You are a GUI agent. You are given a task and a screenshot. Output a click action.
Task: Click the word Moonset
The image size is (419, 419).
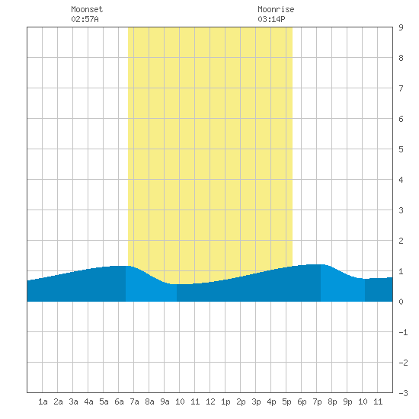(87, 9)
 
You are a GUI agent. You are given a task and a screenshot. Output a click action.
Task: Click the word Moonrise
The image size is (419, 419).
(276, 9)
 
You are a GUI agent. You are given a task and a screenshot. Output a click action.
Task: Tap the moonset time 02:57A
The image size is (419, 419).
(85, 19)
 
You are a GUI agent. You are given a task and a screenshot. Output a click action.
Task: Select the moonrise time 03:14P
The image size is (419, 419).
(271, 19)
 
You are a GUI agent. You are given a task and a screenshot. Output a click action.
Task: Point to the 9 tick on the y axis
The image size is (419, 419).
(401, 27)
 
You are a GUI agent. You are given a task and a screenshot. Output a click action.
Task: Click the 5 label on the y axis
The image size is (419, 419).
(401, 149)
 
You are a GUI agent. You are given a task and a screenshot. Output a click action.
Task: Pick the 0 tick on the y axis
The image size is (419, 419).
(401, 302)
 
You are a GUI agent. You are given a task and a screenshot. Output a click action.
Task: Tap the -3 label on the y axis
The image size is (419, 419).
(403, 393)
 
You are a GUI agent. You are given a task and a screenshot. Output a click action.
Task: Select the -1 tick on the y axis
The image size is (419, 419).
(403, 332)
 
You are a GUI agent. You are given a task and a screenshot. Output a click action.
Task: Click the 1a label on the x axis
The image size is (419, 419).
(43, 401)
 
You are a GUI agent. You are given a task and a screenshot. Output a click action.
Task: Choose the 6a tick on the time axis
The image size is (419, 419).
(119, 401)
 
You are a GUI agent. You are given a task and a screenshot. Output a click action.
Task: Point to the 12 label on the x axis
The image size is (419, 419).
(210, 401)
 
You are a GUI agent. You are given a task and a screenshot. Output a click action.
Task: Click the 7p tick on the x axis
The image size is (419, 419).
(317, 401)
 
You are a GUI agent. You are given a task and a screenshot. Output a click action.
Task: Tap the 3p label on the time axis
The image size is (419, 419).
(256, 401)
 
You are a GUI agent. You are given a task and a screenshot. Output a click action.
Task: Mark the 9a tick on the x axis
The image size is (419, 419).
(165, 401)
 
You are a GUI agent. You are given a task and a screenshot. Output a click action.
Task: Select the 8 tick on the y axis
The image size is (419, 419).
(401, 58)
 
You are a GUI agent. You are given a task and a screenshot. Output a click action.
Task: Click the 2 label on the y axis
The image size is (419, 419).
(401, 241)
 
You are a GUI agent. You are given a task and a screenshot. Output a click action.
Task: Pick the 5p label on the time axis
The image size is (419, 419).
(286, 401)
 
